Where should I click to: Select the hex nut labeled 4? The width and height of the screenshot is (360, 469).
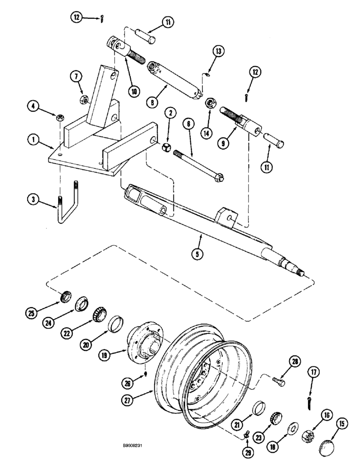coord(61,117)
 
